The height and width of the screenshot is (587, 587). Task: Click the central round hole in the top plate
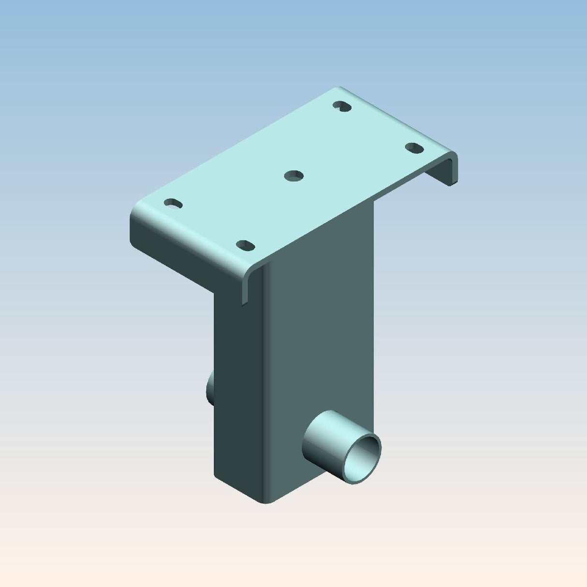293,176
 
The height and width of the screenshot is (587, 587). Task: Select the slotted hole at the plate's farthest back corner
342,106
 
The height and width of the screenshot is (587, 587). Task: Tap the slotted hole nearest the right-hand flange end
414,148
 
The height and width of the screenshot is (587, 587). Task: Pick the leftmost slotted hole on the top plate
173,204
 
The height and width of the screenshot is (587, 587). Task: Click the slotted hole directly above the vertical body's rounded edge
246,245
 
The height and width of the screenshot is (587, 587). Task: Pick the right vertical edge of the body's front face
374,314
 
